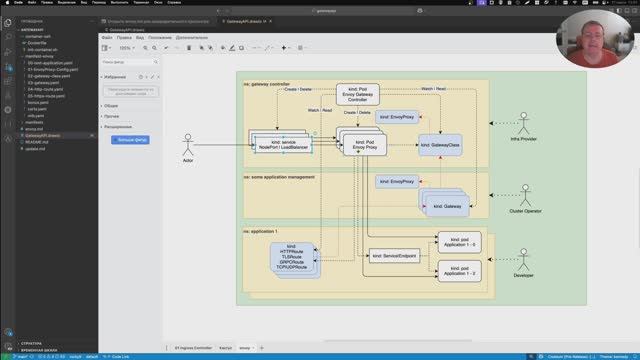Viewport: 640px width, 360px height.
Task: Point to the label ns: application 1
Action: click(x=262, y=231)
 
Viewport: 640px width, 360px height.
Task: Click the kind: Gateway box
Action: click(x=446, y=206)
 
